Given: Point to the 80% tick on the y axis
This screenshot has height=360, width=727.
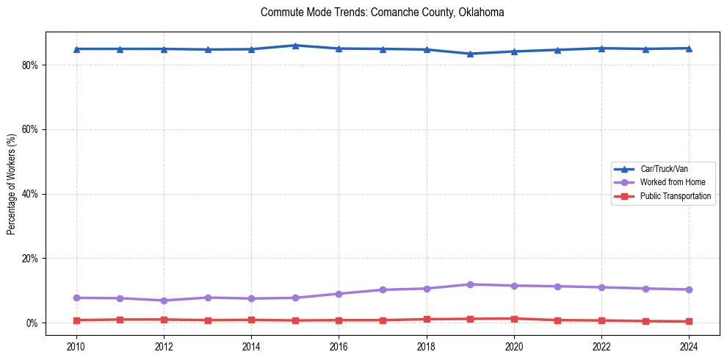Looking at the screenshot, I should [x=30, y=65].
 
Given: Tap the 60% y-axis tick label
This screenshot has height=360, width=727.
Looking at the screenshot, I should [x=30, y=129].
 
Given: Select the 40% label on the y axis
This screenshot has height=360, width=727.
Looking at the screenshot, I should [x=30, y=194].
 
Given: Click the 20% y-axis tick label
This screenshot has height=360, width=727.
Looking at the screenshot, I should [x=30, y=259].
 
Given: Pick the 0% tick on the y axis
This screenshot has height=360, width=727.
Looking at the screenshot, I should [x=32, y=323].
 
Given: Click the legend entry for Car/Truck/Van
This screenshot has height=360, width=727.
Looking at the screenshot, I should [x=664, y=169].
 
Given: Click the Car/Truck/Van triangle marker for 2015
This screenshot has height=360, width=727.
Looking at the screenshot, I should [x=294, y=46].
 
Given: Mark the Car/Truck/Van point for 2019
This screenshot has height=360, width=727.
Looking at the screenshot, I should [x=470, y=54].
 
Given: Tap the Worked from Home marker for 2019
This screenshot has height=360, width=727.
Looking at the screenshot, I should [x=470, y=284].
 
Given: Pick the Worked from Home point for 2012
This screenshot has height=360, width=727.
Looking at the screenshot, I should [x=163, y=300].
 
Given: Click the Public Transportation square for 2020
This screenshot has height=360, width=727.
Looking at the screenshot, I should [x=514, y=319].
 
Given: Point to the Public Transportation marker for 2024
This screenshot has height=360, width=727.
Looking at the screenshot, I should [x=689, y=321].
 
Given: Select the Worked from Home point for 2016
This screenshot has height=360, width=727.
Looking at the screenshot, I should [x=339, y=294].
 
